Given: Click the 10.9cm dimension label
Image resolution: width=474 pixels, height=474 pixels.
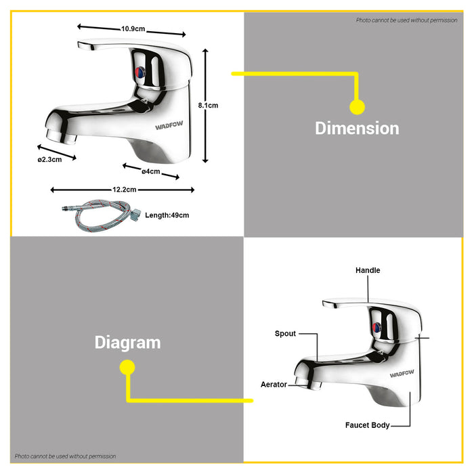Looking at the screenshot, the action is (133, 29).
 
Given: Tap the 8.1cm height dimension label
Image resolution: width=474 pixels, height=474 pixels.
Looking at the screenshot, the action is (208, 106).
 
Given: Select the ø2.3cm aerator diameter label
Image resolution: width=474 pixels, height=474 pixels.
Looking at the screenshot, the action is (49, 160).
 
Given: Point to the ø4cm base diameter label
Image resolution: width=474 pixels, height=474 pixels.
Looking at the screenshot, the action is (151, 171).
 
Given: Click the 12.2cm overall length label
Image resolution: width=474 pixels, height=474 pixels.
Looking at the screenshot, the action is (124, 190).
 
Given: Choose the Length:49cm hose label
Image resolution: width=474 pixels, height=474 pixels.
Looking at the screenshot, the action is (167, 215).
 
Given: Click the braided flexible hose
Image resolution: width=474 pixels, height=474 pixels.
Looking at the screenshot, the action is (102, 215).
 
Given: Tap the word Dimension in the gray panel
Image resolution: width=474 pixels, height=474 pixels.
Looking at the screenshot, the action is (357, 129).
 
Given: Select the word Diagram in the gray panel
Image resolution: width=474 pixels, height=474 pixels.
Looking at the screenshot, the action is (127, 343).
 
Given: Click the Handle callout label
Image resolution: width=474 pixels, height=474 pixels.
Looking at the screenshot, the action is (368, 270).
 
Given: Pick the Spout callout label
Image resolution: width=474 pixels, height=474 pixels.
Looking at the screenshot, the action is (285, 333).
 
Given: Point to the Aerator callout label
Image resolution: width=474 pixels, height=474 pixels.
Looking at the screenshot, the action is (274, 385).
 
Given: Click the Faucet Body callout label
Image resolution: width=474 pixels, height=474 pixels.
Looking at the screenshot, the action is (367, 425).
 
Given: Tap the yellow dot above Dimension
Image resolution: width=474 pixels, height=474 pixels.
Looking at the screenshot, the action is (358, 107).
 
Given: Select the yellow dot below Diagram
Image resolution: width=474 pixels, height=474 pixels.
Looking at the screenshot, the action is (127, 368).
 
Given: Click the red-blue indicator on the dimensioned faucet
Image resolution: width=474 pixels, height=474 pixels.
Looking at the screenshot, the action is (140, 72).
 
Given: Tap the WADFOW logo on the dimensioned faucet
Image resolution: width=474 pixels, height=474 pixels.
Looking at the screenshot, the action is (169, 125).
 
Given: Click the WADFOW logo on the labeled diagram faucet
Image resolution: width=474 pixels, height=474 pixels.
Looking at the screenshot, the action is (402, 374).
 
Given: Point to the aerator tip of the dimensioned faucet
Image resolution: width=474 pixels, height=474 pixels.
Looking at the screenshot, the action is (61, 137).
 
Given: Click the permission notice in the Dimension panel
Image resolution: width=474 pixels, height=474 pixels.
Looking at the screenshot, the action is (406, 20).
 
